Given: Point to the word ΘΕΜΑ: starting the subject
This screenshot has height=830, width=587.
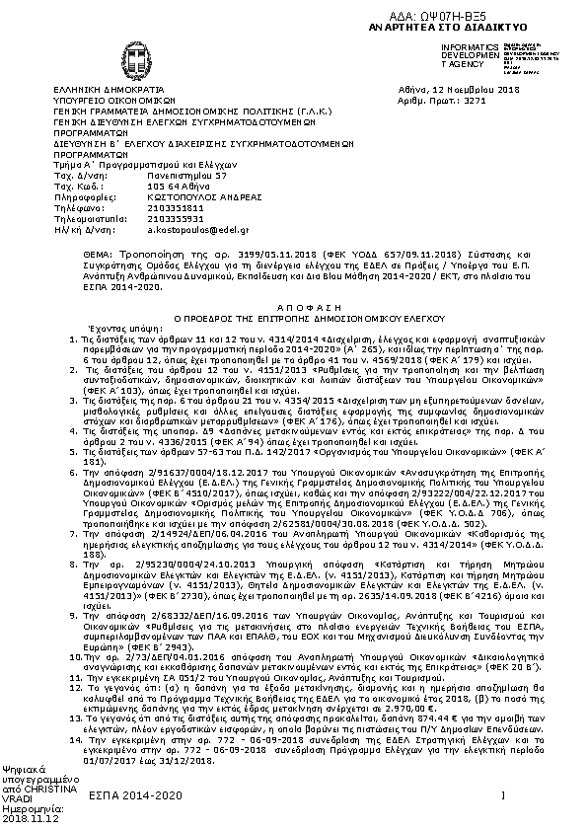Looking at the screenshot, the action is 68,255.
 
